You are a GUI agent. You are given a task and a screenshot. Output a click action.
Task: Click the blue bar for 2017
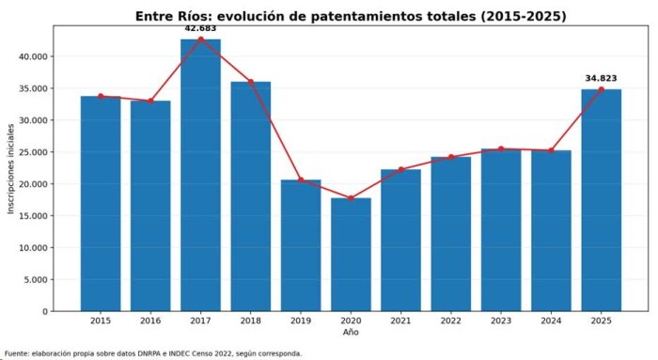click(x=200, y=175)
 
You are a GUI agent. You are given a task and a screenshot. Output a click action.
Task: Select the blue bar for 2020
click(x=351, y=255)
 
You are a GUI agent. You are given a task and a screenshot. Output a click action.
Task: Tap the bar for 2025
click(x=601, y=200)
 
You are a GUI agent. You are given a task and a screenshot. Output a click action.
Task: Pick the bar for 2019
click(x=301, y=245)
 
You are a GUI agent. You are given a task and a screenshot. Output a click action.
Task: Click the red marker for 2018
click(x=251, y=82)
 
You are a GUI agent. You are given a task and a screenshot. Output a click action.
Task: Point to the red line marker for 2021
click(x=400, y=169)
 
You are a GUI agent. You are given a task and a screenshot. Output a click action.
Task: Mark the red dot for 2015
click(x=101, y=96)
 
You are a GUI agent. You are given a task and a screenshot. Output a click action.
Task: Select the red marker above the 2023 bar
click(x=501, y=149)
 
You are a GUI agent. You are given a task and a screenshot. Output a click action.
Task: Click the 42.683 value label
click(x=200, y=28)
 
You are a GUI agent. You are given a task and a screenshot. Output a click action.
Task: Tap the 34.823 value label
click(x=601, y=78)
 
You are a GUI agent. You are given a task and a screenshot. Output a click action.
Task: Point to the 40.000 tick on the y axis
click(x=34, y=56)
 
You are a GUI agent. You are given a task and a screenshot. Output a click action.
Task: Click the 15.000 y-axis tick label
click(x=34, y=215)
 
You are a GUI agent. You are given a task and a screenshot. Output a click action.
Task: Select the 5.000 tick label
click(x=36, y=279)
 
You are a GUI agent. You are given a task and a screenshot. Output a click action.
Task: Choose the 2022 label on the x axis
click(x=450, y=321)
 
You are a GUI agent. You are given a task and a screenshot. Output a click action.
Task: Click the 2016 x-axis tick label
click(x=150, y=321)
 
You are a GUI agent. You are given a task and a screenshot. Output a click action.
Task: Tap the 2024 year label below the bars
click(x=551, y=321)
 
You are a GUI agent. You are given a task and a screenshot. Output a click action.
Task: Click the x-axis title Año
click(x=351, y=333)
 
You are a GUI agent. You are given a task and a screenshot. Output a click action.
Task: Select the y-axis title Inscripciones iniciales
click(x=11, y=168)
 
